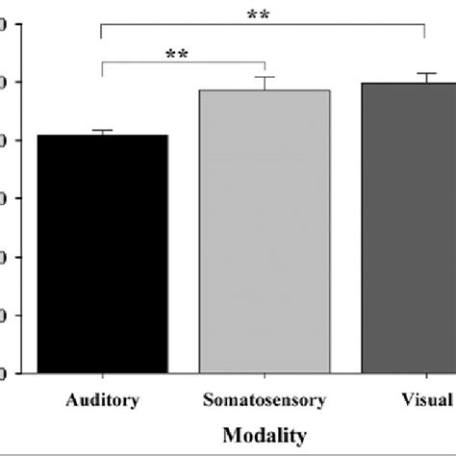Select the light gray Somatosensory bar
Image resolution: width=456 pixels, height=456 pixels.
pyautogui.click(x=265, y=231)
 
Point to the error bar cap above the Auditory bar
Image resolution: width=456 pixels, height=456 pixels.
pyautogui.click(x=102, y=130)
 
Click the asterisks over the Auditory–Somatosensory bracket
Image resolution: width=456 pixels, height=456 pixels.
pyautogui.click(x=177, y=55)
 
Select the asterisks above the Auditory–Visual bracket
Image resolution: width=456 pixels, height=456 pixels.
pyautogui.click(x=258, y=14)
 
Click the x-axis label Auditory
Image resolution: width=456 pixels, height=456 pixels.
pyautogui.click(x=102, y=399)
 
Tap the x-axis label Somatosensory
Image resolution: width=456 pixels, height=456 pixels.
pyautogui.click(x=265, y=399)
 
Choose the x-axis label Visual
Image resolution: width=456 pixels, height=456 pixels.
pyautogui.click(x=426, y=399)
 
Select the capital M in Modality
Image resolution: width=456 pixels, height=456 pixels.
pyautogui.click(x=231, y=435)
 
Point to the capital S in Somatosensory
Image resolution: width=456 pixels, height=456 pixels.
pyautogui.click(x=208, y=399)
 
